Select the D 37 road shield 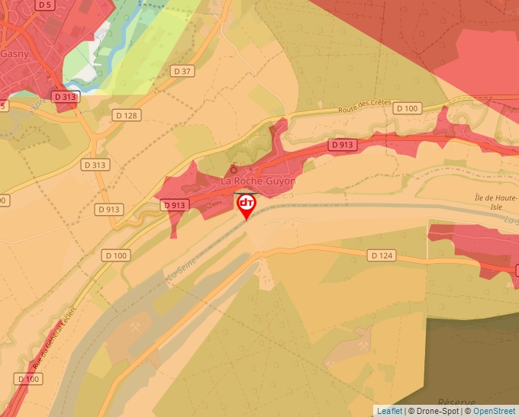click(182, 71)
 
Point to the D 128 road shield click(126, 115)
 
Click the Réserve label click(456, 403)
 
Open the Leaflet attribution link click(389, 411)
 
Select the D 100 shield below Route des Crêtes click(408, 109)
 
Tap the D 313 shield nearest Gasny click(66, 97)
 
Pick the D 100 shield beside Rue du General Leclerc click(27, 379)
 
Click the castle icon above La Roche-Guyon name click(234, 169)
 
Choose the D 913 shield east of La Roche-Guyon click(343, 144)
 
